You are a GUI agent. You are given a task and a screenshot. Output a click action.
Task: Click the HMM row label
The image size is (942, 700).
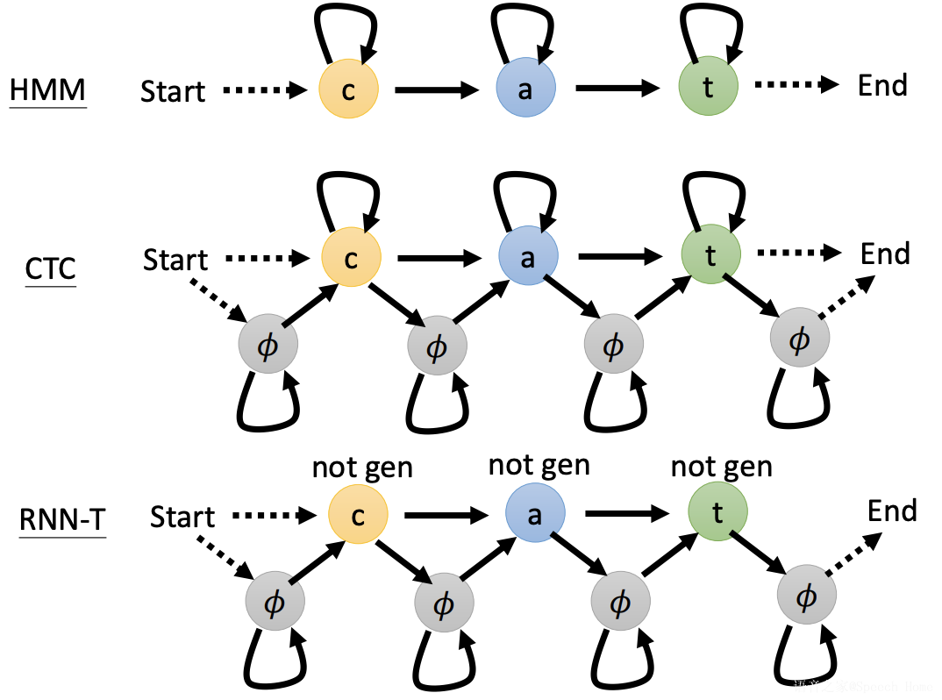[47, 89]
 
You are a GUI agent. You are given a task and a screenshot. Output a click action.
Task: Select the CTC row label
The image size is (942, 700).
[51, 268]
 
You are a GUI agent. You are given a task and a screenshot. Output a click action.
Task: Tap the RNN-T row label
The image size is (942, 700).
[62, 519]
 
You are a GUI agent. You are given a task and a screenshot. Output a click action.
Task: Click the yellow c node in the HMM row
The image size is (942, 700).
[348, 90]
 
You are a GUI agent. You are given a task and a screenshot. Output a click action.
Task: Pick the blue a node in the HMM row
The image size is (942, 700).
[525, 90]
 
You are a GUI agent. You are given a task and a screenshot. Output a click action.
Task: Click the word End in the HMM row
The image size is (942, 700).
[882, 86]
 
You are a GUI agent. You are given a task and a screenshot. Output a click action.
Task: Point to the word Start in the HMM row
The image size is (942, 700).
[173, 91]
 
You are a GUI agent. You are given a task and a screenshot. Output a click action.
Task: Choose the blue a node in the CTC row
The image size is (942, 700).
[528, 258]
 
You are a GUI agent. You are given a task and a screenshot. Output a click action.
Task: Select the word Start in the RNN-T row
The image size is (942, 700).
[182, 517]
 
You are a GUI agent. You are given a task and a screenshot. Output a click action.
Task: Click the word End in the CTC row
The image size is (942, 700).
[886, 254]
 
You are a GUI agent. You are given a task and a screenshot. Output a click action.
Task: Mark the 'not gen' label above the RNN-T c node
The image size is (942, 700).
[362, 468]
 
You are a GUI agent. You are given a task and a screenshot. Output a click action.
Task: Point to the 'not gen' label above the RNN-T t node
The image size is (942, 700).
[721, 467]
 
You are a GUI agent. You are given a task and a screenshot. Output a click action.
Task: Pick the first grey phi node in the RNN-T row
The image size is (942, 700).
[275, 603]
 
